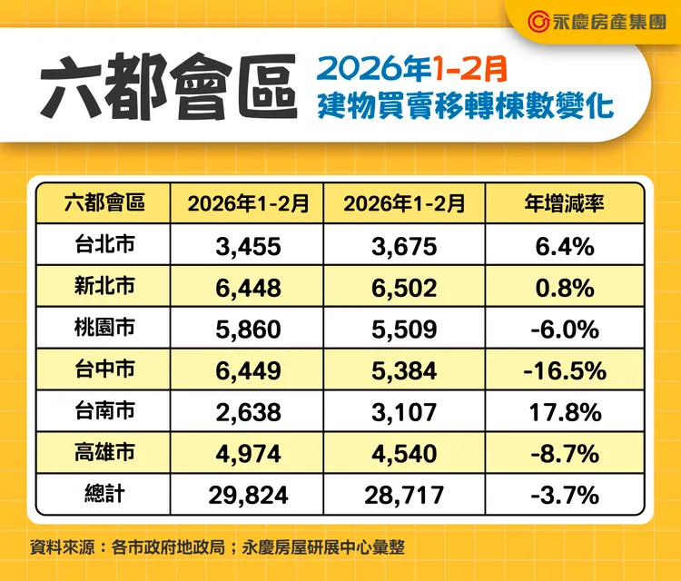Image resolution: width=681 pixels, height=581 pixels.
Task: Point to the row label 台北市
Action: [104, 245]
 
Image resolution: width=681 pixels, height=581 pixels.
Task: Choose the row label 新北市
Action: [104, 287]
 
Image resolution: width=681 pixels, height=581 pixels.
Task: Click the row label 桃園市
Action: [104, 329]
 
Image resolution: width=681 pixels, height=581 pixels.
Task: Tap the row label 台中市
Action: [104, 370]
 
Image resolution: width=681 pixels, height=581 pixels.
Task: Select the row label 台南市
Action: [104, 411]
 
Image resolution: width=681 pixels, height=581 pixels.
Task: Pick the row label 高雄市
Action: [104, 453]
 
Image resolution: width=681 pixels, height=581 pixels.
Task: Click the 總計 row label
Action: [104, 495]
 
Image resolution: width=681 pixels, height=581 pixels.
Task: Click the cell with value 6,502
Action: [405, 288]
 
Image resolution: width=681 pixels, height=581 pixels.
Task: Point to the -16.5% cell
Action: [565, 370]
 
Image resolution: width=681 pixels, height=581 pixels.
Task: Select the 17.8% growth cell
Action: [565, 412]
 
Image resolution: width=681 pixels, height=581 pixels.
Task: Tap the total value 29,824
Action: [249, 495]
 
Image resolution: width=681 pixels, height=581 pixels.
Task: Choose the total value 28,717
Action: [405, 495]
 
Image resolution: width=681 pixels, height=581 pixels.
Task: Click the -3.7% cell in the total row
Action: [565, 495]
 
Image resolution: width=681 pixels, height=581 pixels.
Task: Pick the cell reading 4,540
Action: [405, 454]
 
